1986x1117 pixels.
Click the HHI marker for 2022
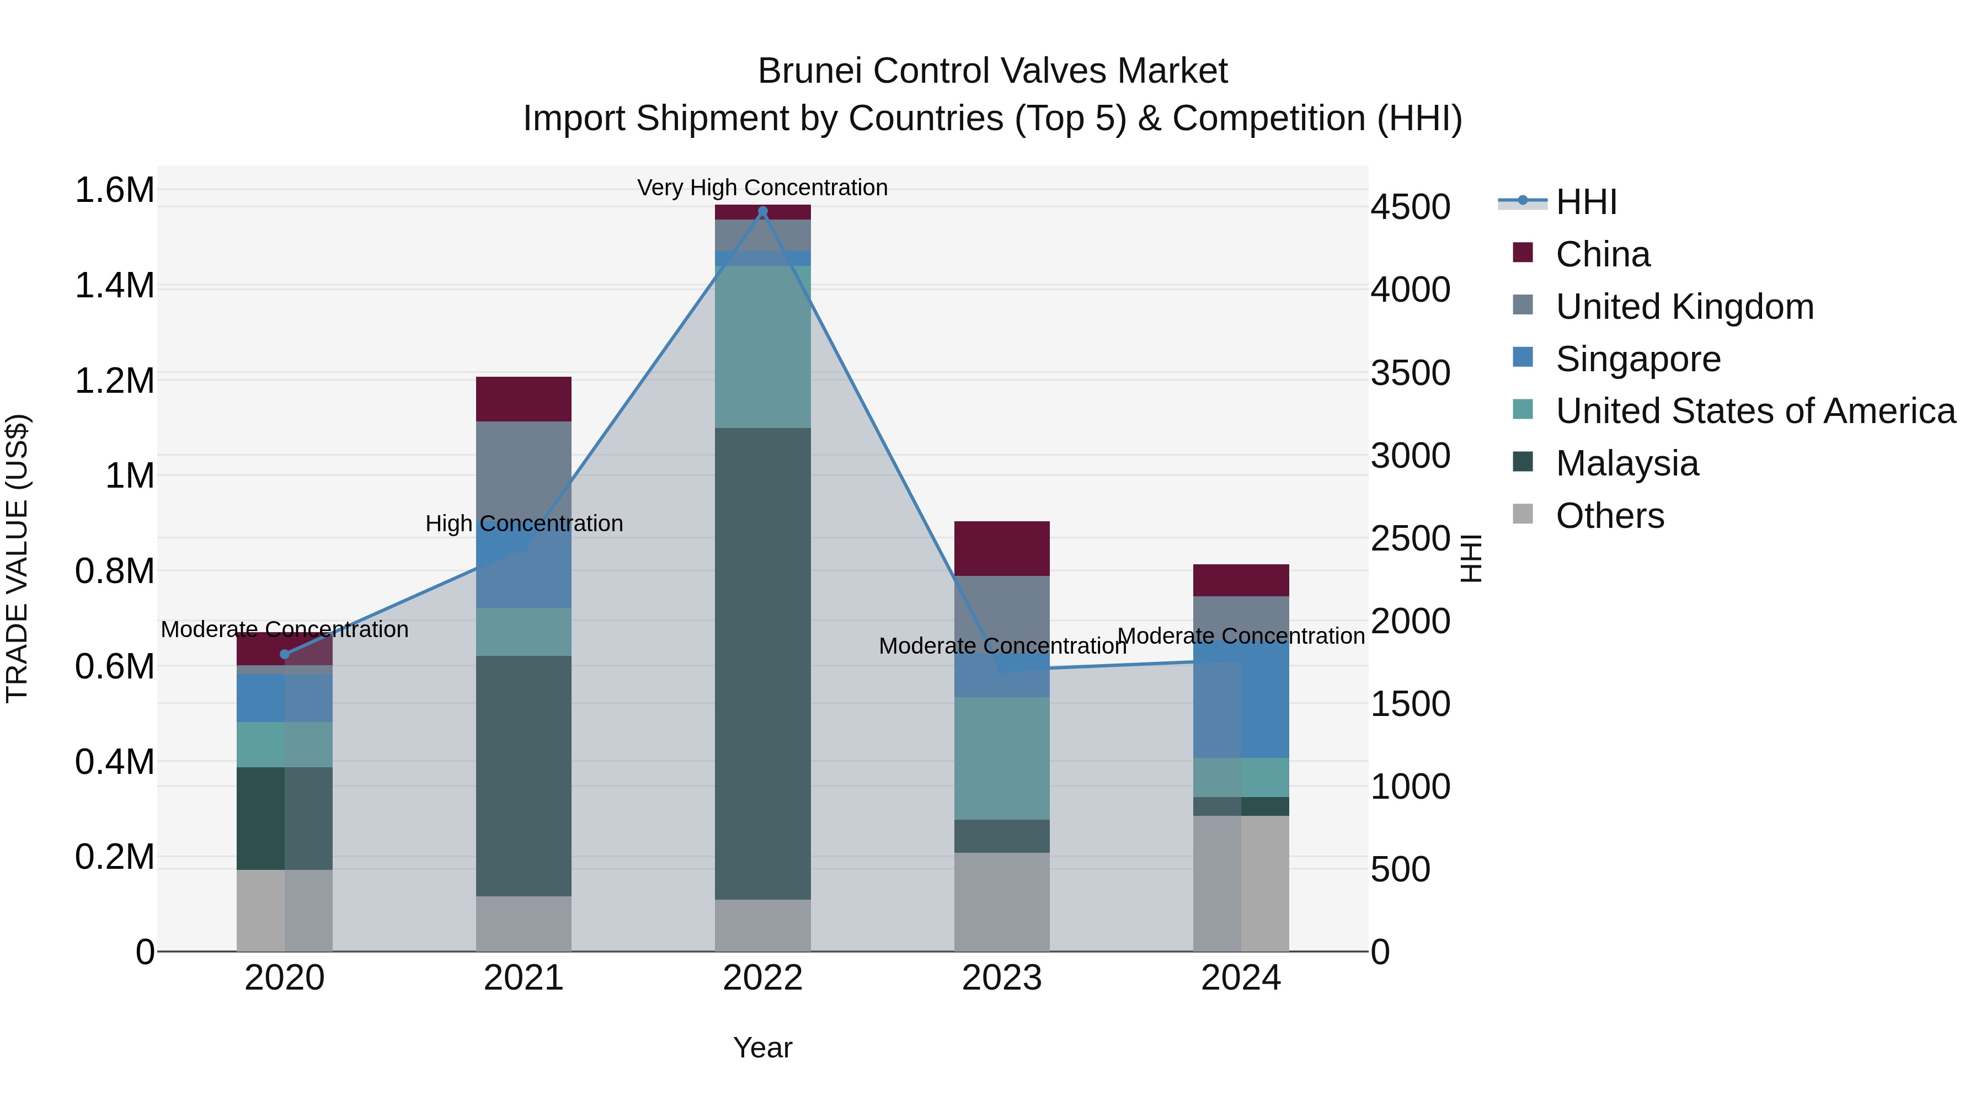(x=762, y=211)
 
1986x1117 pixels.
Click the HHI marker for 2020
(x=285, y=654)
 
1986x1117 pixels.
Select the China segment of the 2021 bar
(x=524, y=399)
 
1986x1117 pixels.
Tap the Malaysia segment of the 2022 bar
(x=762, y=663)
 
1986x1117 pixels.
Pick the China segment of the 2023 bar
(x=1001, y=548)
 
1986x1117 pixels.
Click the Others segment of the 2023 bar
(x=1001, y=901)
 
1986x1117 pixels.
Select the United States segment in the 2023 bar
(x=1001, y=758)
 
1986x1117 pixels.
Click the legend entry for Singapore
(x=1637, y=359)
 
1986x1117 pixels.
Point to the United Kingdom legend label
(x=1685, y=307)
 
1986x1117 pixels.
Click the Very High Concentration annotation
(x=762, y=188)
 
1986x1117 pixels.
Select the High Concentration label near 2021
(x=524, y=523)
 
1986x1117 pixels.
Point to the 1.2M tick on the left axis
(x=114, y=381)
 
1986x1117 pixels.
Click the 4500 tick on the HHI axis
(x=1410, y=207)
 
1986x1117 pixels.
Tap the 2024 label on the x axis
(x=1241, y=978)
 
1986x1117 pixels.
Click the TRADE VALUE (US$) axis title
(x=17, y=558)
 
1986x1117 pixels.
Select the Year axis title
(x=762, y=1047)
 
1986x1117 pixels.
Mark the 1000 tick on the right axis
(x=1410, y=787)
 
